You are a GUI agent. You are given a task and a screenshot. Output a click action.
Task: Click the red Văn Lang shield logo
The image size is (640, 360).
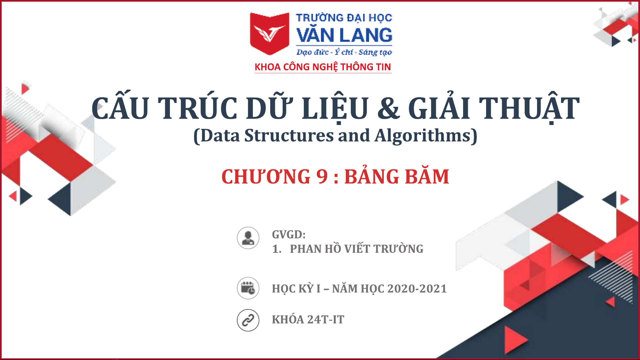[270, 34]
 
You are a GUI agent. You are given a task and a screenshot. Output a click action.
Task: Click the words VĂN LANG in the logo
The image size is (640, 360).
[344, 35]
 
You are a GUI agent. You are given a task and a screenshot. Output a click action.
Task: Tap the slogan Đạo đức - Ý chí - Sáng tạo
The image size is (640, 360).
[344, 52]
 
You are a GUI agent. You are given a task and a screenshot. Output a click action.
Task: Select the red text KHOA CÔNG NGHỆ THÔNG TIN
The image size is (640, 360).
[323, 67]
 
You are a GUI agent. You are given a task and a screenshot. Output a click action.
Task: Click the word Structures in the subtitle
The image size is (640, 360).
[289, 136]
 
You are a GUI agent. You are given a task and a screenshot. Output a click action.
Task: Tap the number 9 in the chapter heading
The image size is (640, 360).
[322, 177]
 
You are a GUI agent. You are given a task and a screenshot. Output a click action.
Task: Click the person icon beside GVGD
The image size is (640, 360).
[248, 238]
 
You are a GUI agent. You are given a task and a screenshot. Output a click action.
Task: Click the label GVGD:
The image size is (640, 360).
[289, 234]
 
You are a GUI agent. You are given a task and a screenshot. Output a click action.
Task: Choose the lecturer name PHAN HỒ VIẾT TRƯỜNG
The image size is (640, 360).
[356, 248]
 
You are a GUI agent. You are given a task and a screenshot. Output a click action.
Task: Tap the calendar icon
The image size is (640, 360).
[248, 288]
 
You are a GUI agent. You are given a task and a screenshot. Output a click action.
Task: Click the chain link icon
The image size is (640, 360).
[248, 320]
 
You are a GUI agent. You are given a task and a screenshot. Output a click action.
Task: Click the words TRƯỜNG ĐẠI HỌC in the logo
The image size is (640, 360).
[344, 18]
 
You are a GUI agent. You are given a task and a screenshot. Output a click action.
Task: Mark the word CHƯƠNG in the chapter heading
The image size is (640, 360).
[266, 177]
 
